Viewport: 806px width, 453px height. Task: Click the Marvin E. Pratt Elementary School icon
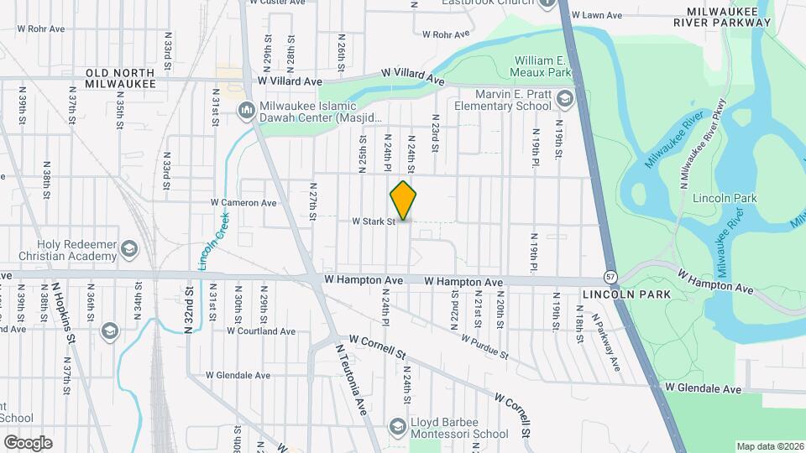(564, 101)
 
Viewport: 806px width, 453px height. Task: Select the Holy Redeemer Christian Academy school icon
(129, 248)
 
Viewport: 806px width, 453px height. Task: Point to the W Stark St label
(373, 221)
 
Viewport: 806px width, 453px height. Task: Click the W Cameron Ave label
(243, 202)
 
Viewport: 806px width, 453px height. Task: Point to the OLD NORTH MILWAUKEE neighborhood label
(121, 77)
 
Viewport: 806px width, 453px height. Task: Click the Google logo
(28, 442)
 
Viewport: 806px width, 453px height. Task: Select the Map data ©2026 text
(769, 446)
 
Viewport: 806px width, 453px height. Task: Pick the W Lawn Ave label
(596, 15)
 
